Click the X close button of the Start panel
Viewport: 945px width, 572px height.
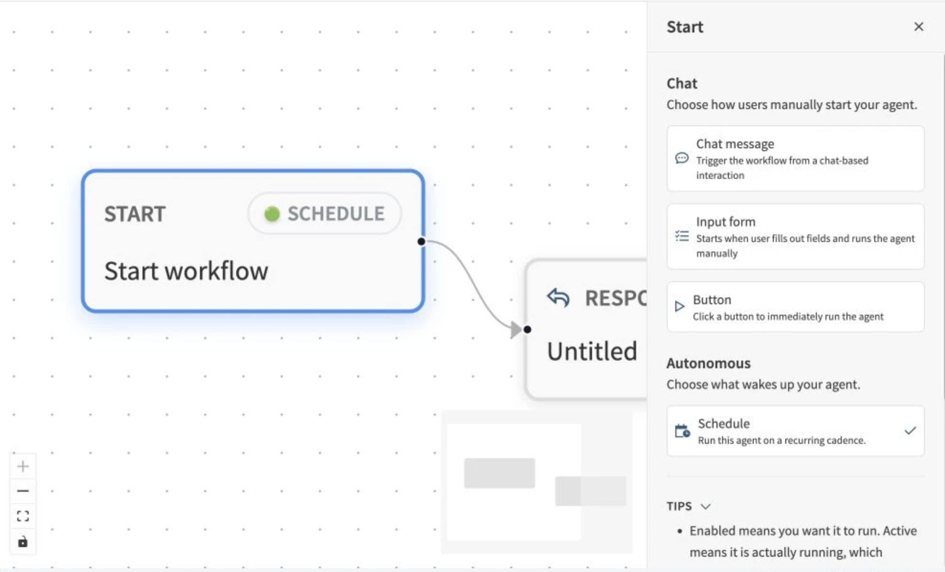918,27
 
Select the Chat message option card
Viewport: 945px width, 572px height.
795,158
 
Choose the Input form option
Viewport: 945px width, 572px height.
795,236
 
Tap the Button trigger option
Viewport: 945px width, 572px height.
795,307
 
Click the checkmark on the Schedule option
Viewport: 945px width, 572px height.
910,430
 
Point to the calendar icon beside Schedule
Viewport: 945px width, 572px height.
682,431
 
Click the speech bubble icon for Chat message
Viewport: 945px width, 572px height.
681,158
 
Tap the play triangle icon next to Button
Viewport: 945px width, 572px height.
679,306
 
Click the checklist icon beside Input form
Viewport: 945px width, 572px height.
681,236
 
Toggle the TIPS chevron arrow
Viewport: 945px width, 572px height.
705,506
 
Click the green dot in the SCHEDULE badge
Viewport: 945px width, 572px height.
272,214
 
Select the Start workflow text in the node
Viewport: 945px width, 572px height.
186,271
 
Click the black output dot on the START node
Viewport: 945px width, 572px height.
421,242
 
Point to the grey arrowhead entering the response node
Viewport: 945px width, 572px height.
516,330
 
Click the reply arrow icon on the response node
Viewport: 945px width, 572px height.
558,297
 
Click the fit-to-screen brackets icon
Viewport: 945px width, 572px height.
22,516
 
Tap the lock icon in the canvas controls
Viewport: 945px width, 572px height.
22,542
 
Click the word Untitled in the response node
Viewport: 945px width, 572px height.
592,352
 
